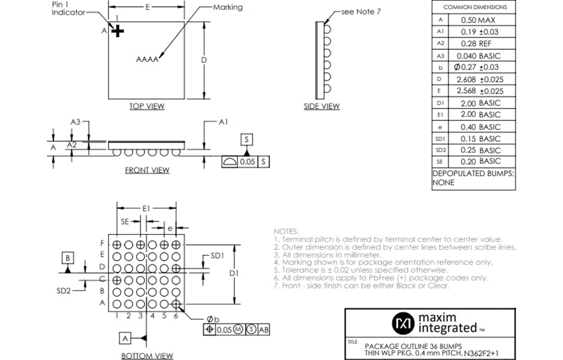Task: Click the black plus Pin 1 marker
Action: click(118, 31)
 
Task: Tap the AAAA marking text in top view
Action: click(147, 59)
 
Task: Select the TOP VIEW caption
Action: click(146, 106)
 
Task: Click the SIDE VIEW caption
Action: click(322, 106)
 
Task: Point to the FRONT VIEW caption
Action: click(147, 170)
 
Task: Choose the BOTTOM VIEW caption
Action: click(147, 356)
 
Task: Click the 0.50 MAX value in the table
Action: click(478, 20)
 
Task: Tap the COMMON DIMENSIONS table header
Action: click(474, 7)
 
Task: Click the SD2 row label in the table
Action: click(440, 150)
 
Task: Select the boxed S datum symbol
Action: click(247, 139)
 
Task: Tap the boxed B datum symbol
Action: click(68, 258)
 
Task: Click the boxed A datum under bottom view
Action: click(125, 339)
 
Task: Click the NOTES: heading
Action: click(286, 231)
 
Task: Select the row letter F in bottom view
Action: click(103, 244)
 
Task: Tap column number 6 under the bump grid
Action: click(176, 316)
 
